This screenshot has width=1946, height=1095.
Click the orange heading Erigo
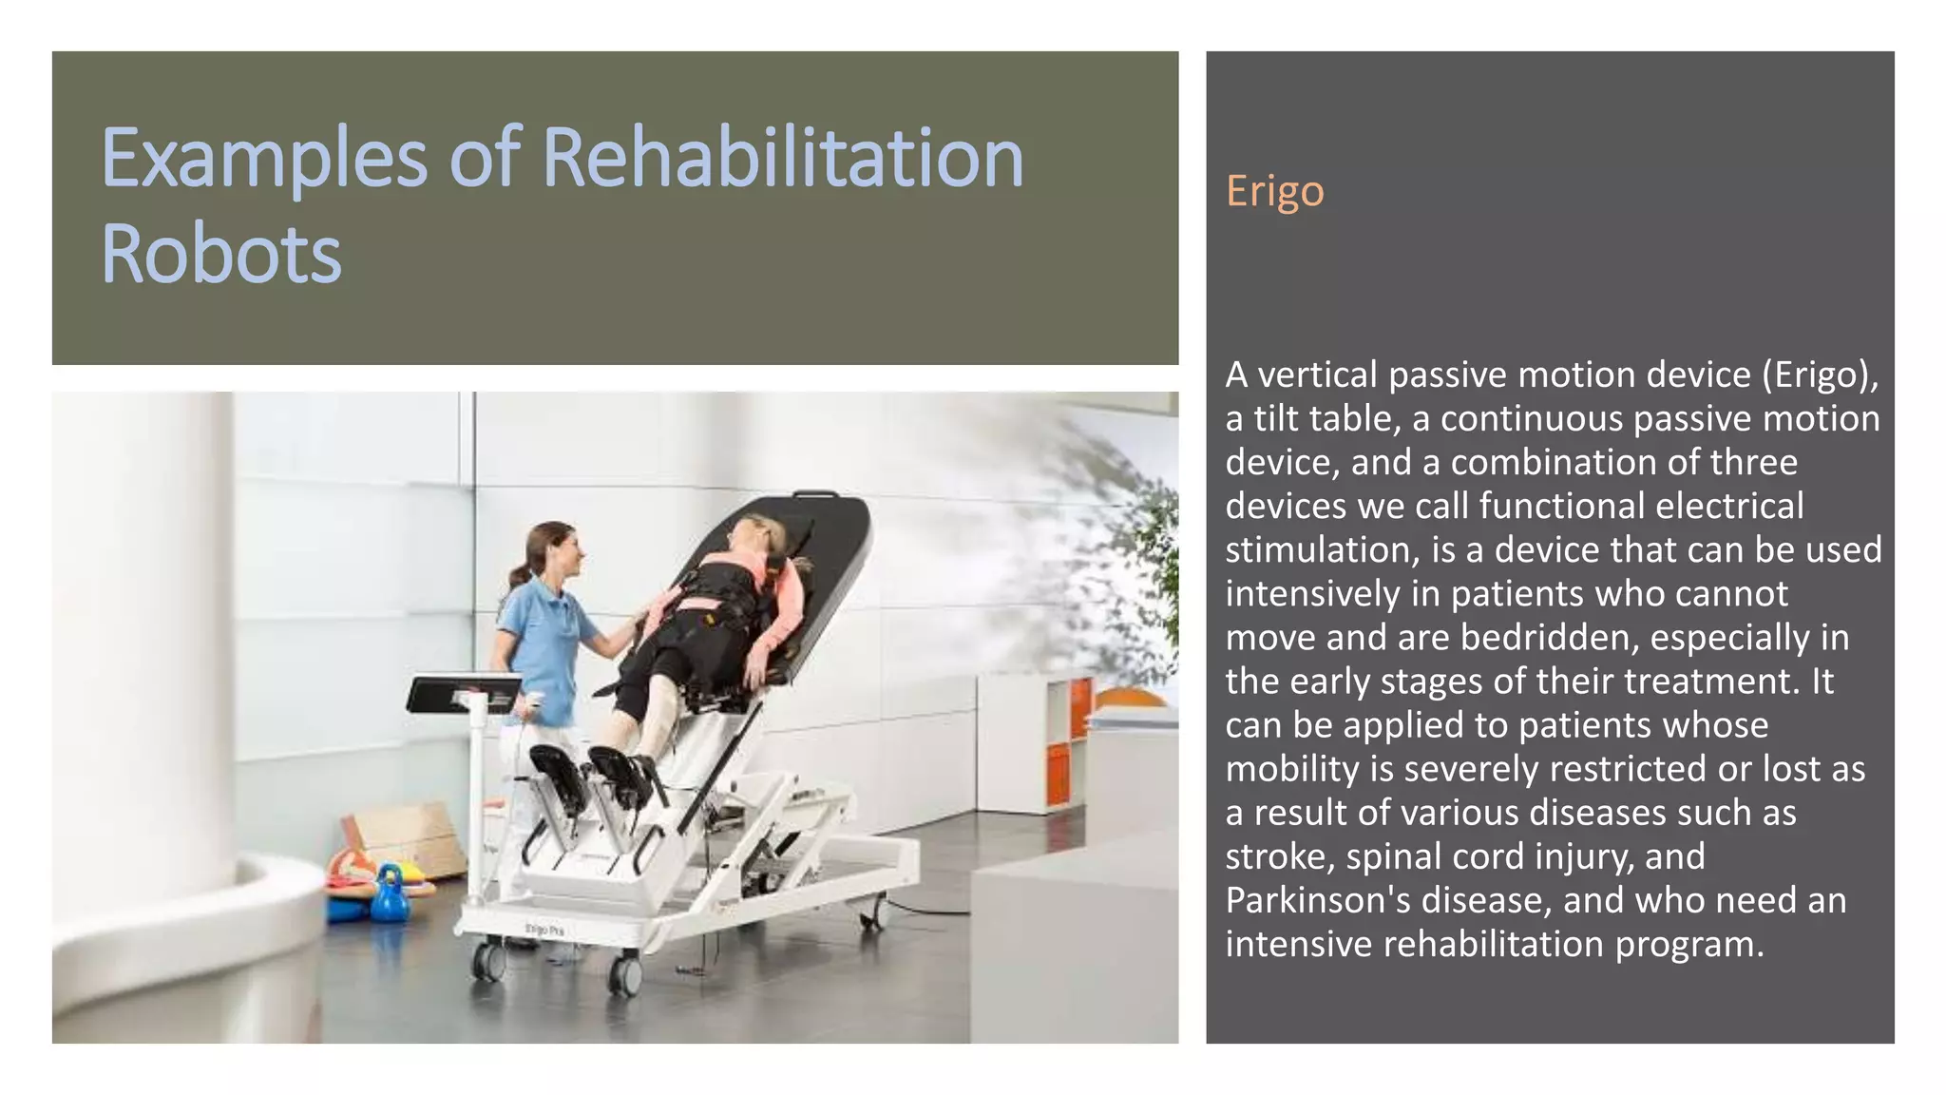pyautogui.click(x=1274, y=191)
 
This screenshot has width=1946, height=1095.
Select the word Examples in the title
pyautogui.click(x=264, y=159)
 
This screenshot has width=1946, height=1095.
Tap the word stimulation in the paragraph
pyautogui.click(x=1321, y=550)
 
